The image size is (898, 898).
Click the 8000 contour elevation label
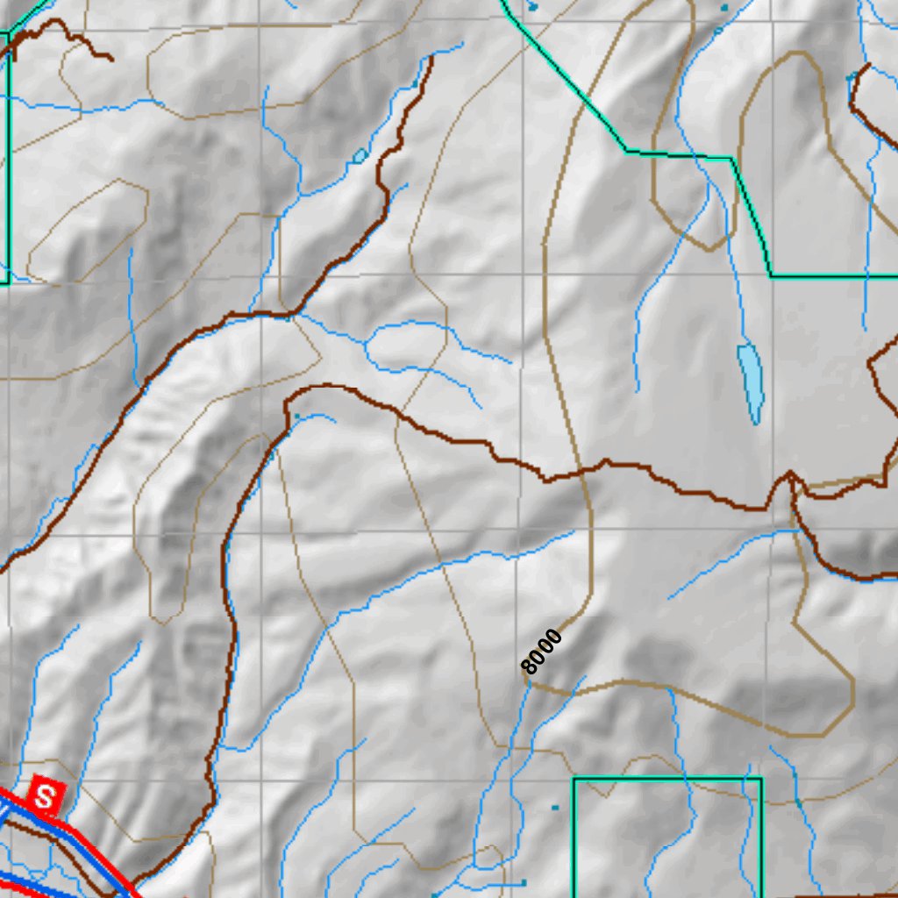pos(541,652)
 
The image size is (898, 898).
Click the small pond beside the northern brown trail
pos(360,157)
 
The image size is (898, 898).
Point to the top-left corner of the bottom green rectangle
pos(574,778)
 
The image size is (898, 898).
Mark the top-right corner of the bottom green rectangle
pos(761,778)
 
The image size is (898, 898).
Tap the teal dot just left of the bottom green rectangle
pos(554,807)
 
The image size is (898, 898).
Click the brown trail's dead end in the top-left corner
pos(111,60)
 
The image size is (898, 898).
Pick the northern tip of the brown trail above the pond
pos(431,59)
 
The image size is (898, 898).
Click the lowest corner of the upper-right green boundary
pos(772,275)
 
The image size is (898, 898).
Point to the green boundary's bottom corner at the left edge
pos(8,282)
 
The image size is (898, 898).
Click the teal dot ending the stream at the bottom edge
pos(524,881)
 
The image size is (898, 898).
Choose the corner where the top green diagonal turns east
pos(625,151)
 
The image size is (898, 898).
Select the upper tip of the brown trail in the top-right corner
pos(868,66)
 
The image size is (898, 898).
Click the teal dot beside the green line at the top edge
pos(533,7)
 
